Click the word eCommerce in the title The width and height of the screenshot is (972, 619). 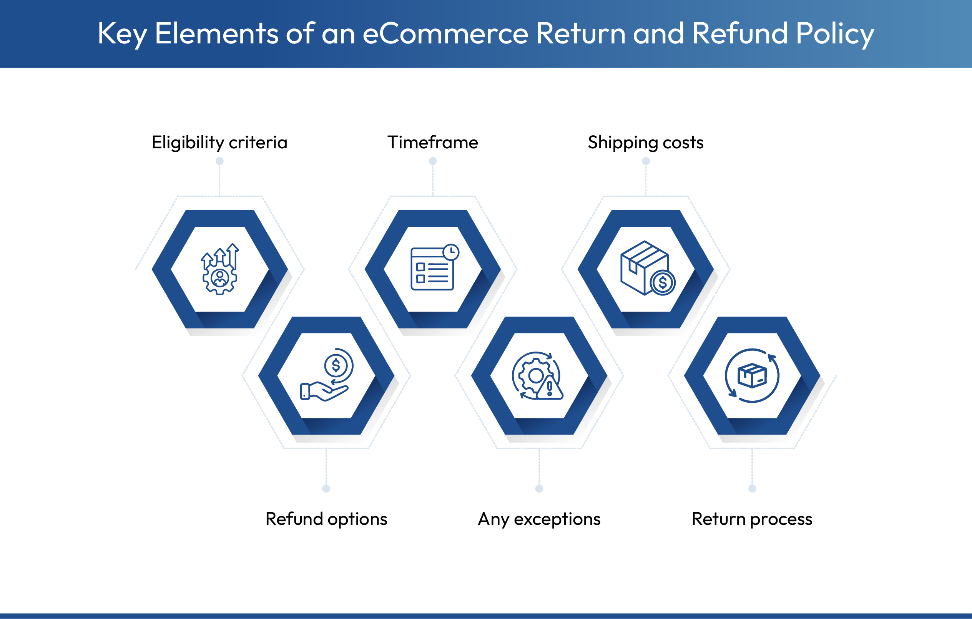click(x=445, y=33)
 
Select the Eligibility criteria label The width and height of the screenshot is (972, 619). click(x=219, y=143)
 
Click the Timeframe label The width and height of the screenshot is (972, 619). click(x=432, y=143)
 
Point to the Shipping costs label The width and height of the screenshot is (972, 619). click(x=645, y=143)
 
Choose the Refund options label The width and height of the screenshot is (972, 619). click(x=326, y=519)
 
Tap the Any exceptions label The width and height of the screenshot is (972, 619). click(x=539, y=519)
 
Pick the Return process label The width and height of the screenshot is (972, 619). click(x=752, y=519)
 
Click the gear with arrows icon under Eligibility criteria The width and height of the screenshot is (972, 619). click(x=219, y=270)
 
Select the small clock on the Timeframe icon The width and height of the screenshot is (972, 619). click(x=451, y=252)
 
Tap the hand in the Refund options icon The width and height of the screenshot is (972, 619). click(x=323, y=392)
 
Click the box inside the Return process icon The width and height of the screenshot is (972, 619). click(x=752, y=376)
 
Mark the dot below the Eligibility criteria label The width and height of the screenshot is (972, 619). click(x=219, y=161)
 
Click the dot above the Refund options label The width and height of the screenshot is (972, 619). click(x=326, y=489)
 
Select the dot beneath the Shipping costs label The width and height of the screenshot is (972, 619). click(x=646, y=161)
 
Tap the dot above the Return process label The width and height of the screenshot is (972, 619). click(x=752, y=489)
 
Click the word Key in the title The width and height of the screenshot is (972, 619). click(x=122, y=34)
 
